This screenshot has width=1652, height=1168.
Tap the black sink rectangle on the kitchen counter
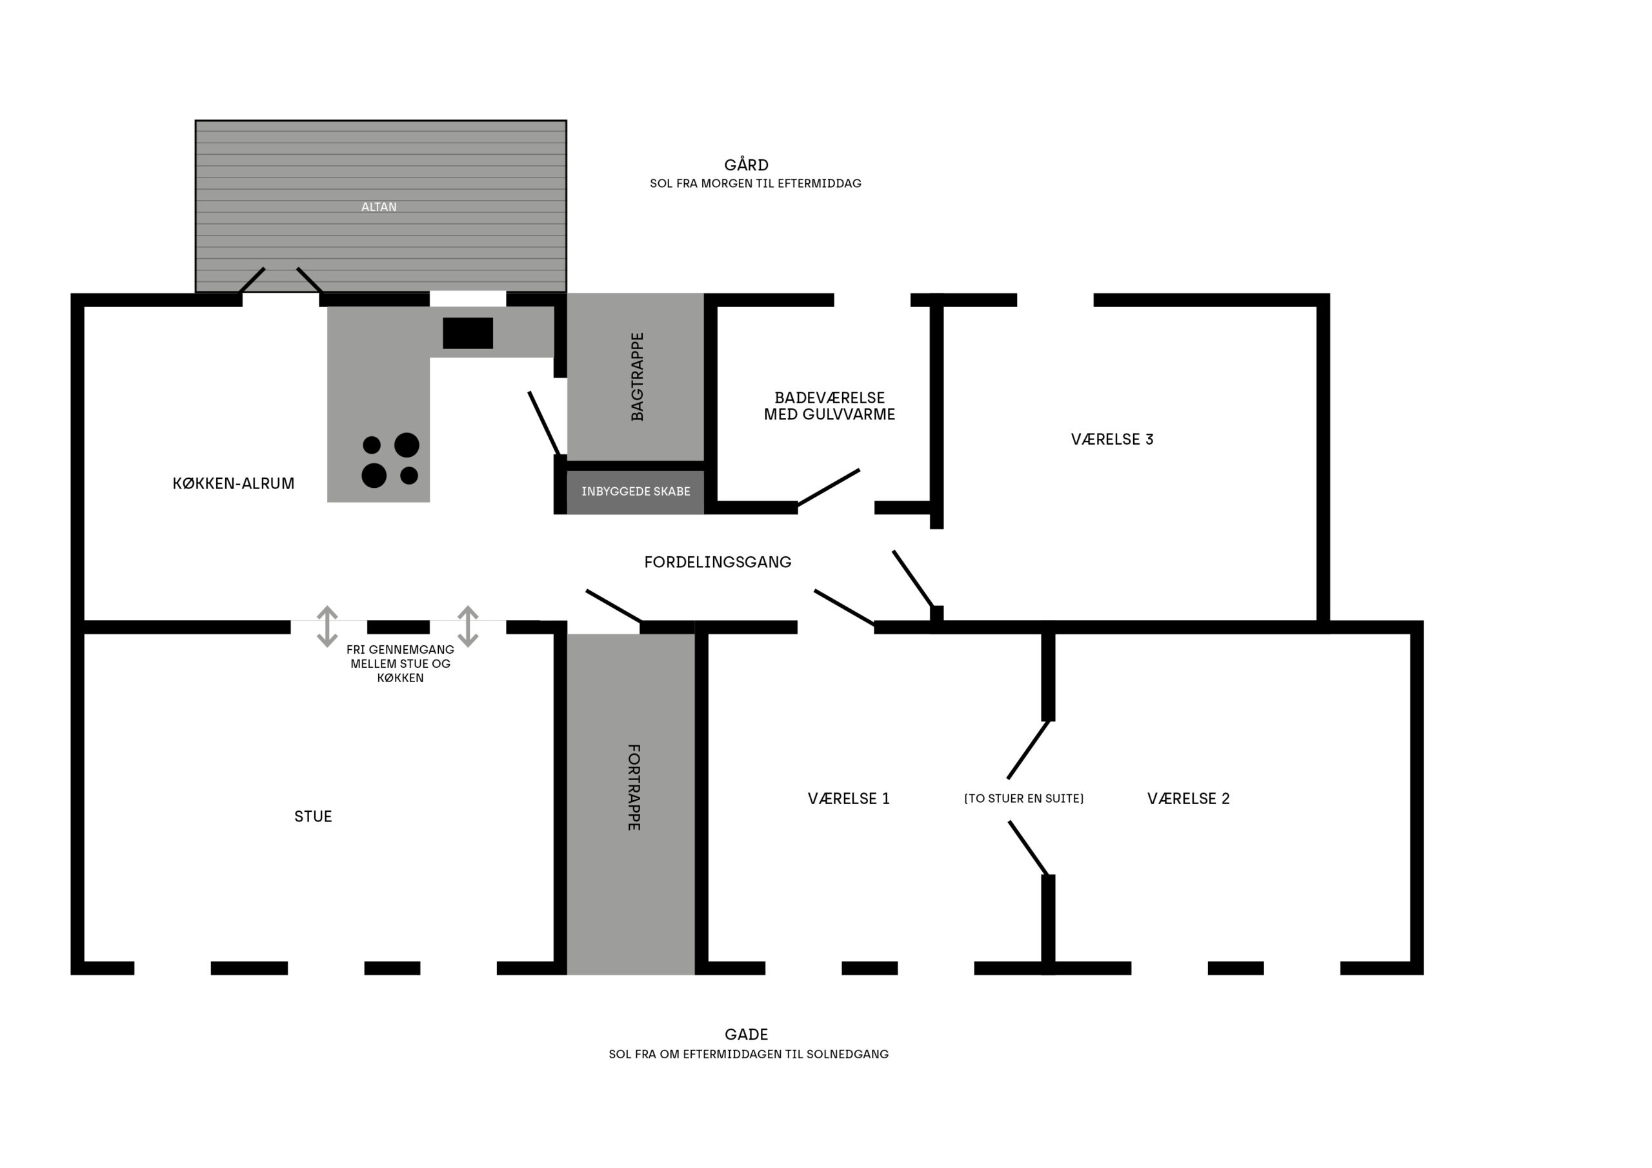(x=468, y=333)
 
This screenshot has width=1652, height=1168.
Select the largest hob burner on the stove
(x=407, y=445)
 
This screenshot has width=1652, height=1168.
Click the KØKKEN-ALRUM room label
(x=233, y=483)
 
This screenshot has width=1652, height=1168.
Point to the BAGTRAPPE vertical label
(x=637, y=376)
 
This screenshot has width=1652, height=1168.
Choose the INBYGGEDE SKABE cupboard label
(x=636, y=492)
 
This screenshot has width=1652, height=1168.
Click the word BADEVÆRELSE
(x=830, y=398)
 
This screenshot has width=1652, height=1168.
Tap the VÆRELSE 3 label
(x=1112, y=439)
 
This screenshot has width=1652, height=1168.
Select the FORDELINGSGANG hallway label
(x=718, y=562)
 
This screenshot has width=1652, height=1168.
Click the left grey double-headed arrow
(x=327, y=626)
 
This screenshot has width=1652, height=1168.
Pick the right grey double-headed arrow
(x=468, y=626)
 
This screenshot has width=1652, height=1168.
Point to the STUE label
(x=313, y=816)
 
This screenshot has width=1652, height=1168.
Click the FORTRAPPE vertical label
(x=634, y=787)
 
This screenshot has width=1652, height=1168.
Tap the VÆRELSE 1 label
(x=849, y=799)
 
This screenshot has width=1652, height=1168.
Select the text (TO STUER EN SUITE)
(x=1023, y=799)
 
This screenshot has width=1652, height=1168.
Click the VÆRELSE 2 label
(x=1189, y=799)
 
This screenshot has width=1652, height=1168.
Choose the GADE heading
(x=746, y=1034)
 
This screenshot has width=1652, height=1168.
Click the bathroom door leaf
(x=828, y=488)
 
